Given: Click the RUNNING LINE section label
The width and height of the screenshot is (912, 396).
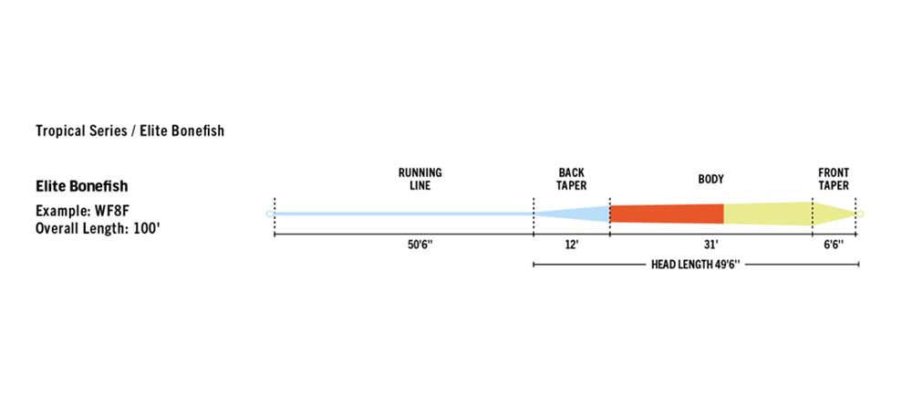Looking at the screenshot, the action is point(420,179).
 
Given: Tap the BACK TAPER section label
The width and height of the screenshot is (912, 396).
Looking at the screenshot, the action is point(572,179).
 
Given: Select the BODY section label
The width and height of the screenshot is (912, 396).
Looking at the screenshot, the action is point(710,179).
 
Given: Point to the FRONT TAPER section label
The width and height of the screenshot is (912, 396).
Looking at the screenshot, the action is point(834,179).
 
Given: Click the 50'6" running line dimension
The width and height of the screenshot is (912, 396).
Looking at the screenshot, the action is point(420,245).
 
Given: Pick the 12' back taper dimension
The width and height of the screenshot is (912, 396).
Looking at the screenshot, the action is point(572,245).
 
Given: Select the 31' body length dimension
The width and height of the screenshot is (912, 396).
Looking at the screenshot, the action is point(711,245).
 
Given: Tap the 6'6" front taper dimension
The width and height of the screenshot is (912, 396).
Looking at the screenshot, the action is point(834,245).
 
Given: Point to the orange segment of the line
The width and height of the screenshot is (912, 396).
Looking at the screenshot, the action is point(667,214).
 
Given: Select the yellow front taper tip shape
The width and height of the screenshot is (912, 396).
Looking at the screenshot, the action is point(834,214).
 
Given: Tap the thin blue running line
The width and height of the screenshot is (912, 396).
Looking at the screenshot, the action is point(404,214).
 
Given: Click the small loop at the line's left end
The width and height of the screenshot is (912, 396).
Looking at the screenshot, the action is point(269,214).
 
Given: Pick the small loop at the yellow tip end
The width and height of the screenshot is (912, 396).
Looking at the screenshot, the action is point(861,214).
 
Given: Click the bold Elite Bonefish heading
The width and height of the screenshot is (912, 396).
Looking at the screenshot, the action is point(82,187).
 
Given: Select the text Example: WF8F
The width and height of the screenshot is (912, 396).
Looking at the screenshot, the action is point(78,210).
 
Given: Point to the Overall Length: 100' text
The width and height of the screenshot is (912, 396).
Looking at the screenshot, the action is point(98,228).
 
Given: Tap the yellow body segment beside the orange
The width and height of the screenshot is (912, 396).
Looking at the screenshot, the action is point(768,214).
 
